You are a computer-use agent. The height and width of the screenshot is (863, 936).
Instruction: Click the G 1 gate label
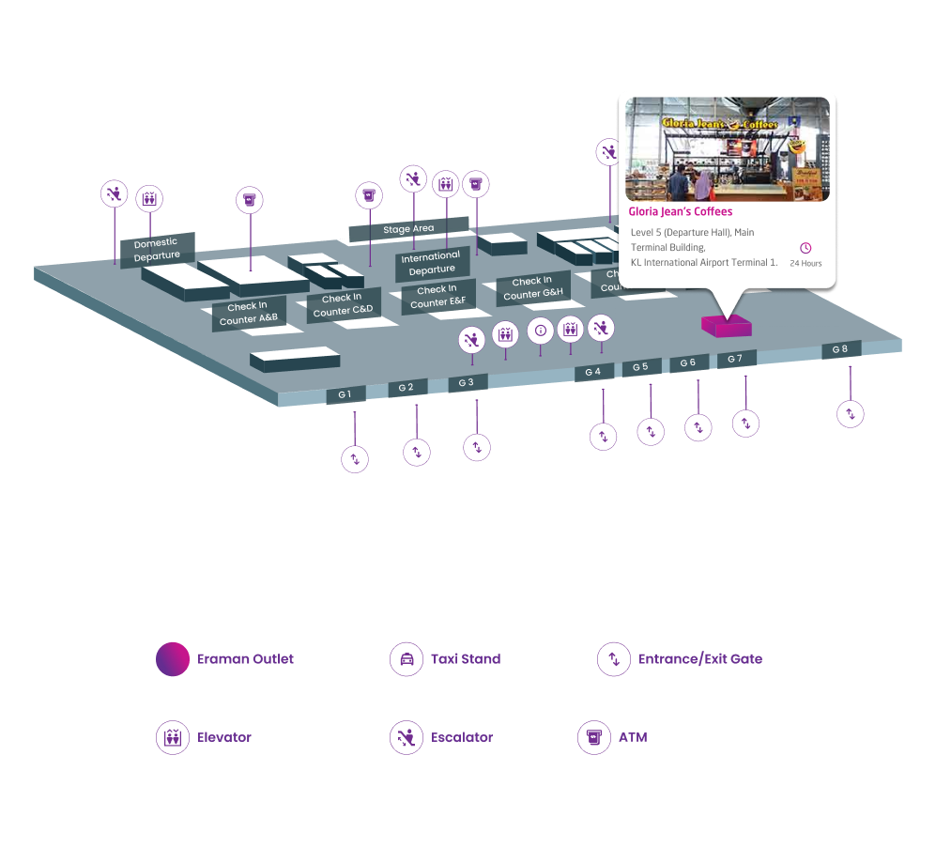345,394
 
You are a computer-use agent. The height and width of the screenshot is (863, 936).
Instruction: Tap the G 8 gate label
841,349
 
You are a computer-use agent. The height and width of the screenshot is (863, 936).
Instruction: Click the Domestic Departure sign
157,250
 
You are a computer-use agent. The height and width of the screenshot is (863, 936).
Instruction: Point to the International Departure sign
432,263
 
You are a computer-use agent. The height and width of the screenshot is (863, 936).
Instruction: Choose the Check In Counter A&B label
249,314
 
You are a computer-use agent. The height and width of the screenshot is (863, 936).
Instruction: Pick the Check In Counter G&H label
533,287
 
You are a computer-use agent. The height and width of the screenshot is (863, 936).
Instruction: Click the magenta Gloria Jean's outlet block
726,326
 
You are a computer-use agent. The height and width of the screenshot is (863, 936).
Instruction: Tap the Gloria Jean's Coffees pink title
681,212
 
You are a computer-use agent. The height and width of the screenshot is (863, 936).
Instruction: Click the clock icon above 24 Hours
806,248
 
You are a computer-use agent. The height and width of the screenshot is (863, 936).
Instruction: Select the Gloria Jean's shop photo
728,149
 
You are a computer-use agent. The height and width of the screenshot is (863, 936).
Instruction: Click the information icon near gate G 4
540,331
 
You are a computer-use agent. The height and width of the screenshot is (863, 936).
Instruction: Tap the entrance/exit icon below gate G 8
851,413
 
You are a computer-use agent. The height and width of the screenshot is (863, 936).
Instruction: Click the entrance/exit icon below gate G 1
354,459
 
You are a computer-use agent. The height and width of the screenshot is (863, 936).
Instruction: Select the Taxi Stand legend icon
407,659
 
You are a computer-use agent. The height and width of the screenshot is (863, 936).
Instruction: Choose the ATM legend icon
593,737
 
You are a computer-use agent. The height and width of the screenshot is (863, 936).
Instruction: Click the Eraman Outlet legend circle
173,659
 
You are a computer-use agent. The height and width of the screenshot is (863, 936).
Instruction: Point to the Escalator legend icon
407,737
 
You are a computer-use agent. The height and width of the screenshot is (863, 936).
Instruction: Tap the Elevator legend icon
173,737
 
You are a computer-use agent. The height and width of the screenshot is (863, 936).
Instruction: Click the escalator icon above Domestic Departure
115,194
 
